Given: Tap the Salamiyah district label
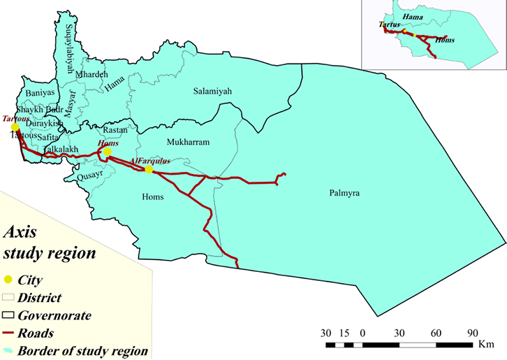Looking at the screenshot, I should [212, 91].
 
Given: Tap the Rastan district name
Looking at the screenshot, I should [115, 130].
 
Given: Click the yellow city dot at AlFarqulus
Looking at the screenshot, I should [149, 169].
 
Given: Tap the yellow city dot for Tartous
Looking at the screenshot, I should [15, 127].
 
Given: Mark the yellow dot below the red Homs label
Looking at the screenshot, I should [107, 152].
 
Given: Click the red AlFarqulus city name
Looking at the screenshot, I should [150, 161].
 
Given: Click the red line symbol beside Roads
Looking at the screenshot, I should [10, 333].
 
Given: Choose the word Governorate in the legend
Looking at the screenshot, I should [55, 315].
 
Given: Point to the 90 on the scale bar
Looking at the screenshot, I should [471, 331].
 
